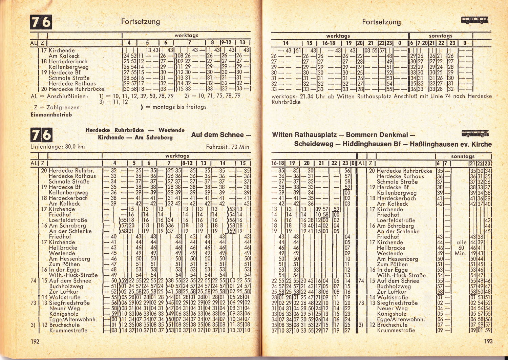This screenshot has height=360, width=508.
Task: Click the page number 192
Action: click(35, 341)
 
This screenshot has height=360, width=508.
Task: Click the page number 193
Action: click(488, 341)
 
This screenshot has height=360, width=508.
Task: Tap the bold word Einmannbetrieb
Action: click(51, 114)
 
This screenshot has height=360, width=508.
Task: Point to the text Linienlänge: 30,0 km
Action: click(58, 147)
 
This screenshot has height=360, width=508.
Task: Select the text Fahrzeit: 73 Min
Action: click(227, 147)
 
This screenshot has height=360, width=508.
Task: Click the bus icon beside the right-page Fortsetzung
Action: click(474, 20)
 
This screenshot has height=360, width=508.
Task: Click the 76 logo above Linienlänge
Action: click(41, 135)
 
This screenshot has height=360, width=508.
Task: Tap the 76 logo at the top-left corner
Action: click(41, 22)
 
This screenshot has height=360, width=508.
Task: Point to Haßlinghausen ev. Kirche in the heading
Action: click(450, 144)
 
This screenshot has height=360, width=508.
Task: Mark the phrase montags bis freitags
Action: click(179, 107)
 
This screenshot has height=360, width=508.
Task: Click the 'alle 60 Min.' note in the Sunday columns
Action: click(461, 248)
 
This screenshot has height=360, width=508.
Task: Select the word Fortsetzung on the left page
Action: click(141, 22)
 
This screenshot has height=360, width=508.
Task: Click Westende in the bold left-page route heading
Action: click(171, 130)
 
